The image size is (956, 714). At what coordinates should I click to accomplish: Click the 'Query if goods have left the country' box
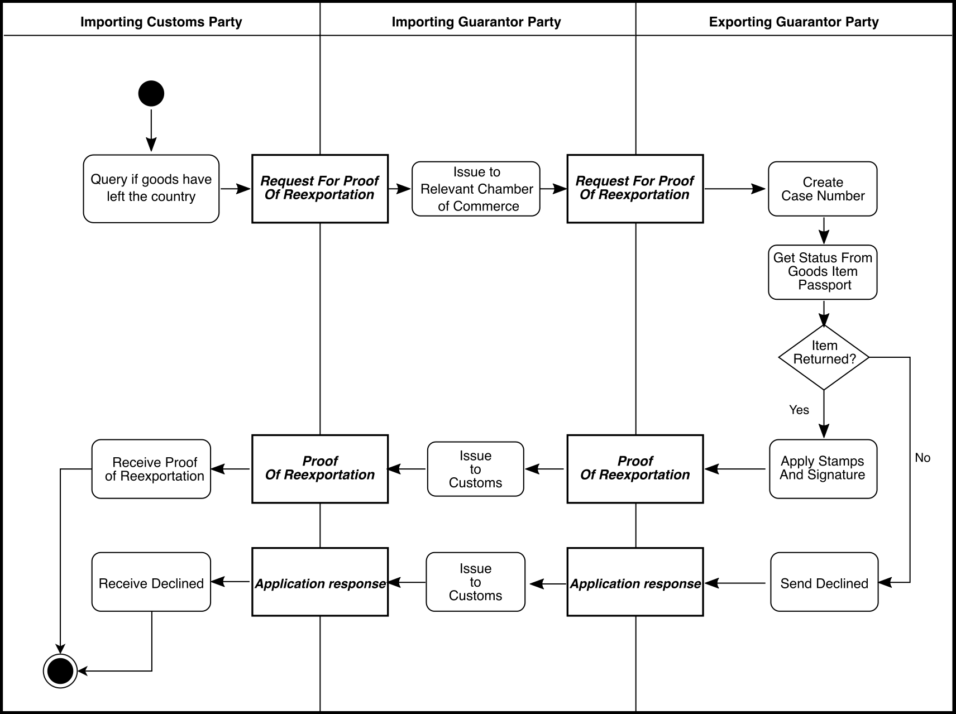(151, 189)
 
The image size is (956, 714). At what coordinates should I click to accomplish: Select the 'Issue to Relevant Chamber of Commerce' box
(476, 189)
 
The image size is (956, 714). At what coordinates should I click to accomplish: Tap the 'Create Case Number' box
(823, 189)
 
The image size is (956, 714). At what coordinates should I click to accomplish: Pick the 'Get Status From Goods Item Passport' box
(823, 272)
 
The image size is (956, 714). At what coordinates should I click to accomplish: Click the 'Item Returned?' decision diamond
(824, 357)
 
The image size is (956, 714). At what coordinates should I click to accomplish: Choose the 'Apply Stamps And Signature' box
(823, 468)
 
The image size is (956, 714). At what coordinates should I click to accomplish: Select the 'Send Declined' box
(824, 582)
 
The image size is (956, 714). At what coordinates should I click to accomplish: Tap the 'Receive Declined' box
(151, 582)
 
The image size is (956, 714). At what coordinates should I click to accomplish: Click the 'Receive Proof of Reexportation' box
(151, 468)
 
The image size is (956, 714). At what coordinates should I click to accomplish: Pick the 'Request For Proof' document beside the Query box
(320, 189)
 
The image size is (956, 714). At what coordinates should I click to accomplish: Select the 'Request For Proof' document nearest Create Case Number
(635, 189)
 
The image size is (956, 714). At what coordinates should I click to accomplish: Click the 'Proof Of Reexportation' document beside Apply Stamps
(635, 468)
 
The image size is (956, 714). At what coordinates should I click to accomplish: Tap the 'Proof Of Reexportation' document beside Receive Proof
(320, 468)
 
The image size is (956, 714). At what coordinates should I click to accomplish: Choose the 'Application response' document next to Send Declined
(635, 582)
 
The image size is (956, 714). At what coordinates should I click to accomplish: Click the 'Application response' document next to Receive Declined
(320, 582)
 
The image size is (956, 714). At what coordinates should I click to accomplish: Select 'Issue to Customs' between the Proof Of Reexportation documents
(475, 469)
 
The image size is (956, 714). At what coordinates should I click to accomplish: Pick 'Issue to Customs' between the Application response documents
(475, 582)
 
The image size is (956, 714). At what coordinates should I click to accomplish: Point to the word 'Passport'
(824, 285)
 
